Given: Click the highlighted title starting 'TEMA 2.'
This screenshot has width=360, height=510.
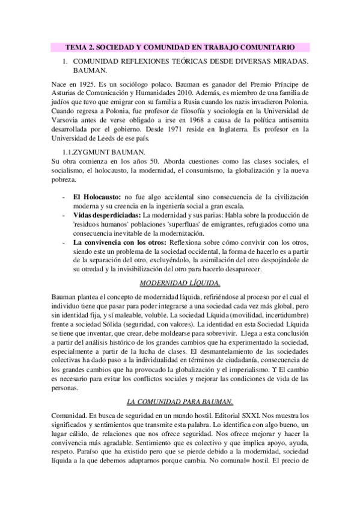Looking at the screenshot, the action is [180, 46].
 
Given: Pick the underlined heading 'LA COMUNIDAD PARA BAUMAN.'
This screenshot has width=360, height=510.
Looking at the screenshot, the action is [180, 401].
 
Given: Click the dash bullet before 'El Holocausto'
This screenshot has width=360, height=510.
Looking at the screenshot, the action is [64, 198].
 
